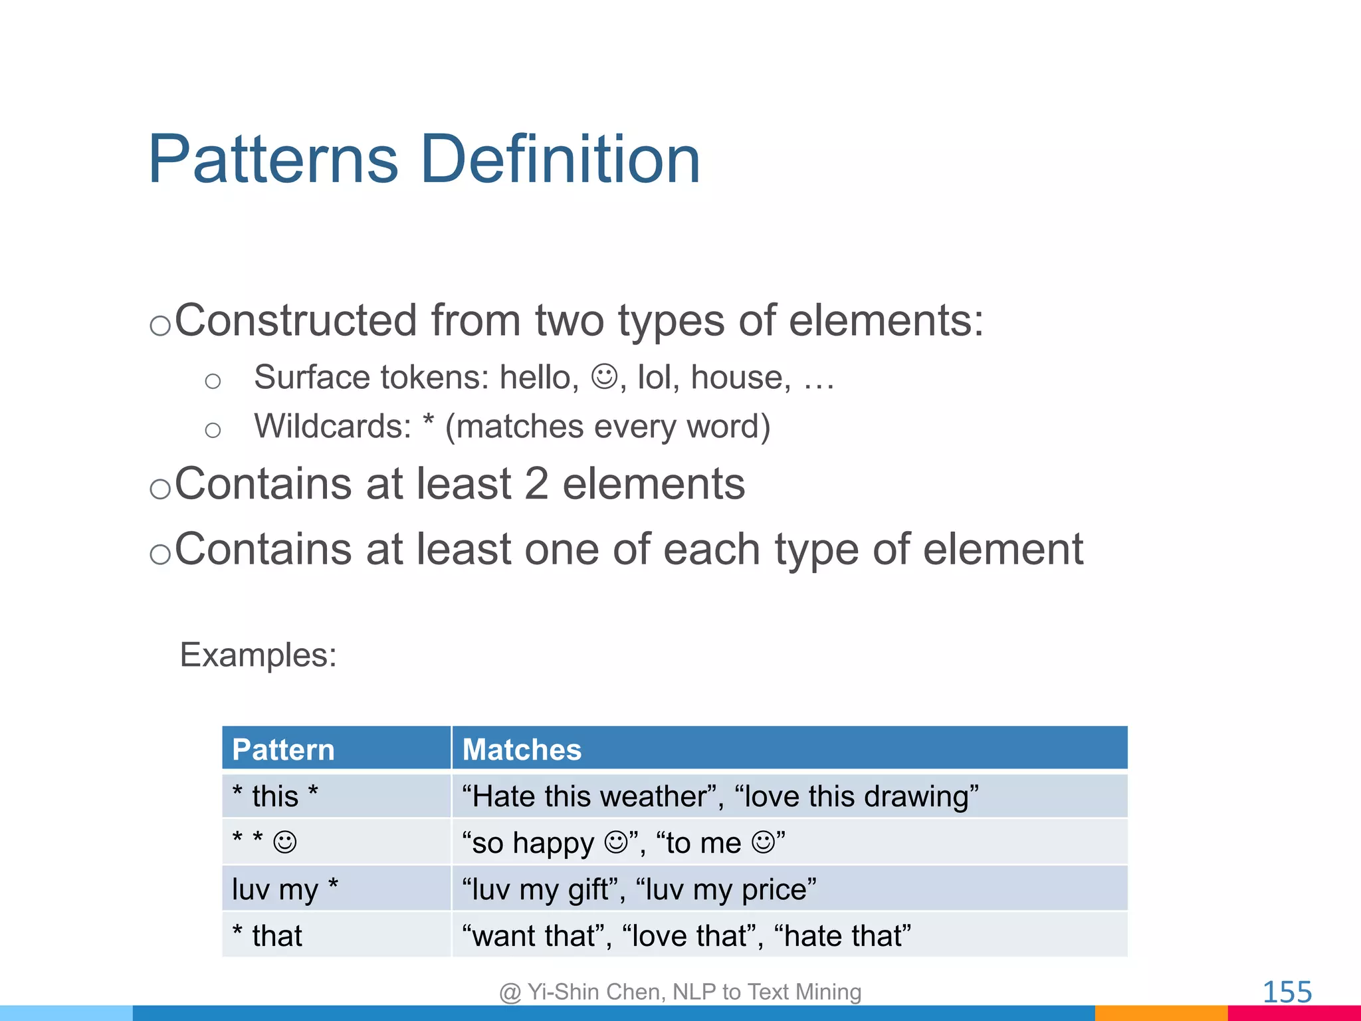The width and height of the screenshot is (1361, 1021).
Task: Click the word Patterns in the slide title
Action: pyautogui.click(x=273, y=160)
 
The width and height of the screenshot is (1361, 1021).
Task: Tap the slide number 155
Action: pyautogui.click(x=1287, y=992)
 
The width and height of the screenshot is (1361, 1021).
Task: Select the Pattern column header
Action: pyautogui.click(x=283, y=750)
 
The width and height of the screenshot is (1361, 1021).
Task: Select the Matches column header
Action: pyautogui.click(x=522, y=750)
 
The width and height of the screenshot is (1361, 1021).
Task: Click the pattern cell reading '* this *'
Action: pyautogui.click(x=275, y=796)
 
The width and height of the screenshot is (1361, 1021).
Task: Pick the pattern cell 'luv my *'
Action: pyautogui.click(x=285, y=889)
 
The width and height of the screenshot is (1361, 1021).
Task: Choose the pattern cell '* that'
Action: pyautogui.click(x=267, y=936)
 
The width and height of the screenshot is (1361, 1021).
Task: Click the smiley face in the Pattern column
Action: pyautogui.click(x=285, y=842)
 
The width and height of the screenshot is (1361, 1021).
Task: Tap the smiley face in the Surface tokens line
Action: pyautogui.click(x=605, y=377)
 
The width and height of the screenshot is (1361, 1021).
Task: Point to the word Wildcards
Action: pyautogui.click(x=332, y=426)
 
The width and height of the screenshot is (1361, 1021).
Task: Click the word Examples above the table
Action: pyautogui.click(x=258, y=655)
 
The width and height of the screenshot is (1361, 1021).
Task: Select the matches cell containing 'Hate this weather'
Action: pyautogui.click(x=720, y=796)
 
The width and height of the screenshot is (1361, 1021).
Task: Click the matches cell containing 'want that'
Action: pyautogui.click(x=686, y=936)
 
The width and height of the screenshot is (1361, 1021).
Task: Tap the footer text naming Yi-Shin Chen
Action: pyautogui.click(x=680, y=992)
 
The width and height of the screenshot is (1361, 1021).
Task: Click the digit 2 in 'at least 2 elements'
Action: pyautogui.click(x=536, y=483)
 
